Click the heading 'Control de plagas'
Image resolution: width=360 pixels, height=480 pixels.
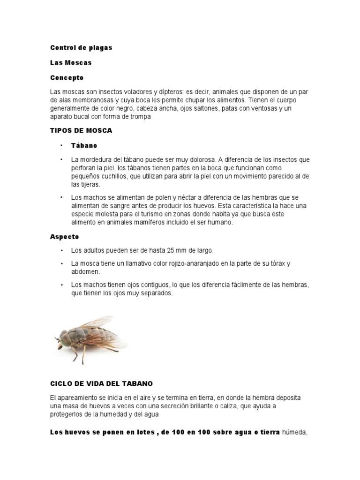point(81,48)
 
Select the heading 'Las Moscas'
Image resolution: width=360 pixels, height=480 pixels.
point(71,62)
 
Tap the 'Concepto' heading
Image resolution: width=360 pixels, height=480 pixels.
point(67,77)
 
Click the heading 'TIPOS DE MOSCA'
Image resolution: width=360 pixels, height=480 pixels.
point(81,131)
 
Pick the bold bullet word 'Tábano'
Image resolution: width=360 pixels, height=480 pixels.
point(84,145)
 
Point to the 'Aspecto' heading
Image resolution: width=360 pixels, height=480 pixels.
point(65,237)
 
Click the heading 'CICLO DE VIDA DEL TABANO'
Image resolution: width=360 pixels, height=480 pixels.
point(102,383)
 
